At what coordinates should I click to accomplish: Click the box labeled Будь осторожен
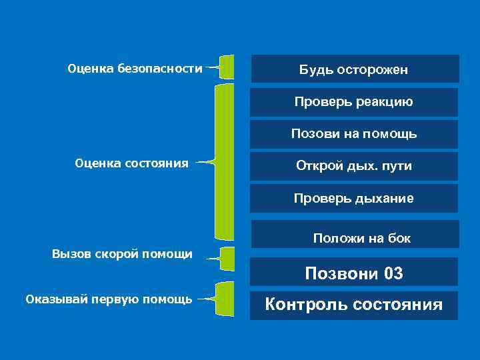354,69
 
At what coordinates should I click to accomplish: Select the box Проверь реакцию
354,102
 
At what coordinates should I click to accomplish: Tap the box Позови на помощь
354,134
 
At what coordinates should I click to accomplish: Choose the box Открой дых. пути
354,166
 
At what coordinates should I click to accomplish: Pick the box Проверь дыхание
354,198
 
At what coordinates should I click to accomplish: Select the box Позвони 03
354,273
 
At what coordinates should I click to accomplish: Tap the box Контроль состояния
354,305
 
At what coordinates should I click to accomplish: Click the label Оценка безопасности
135,68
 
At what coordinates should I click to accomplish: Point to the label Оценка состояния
132,162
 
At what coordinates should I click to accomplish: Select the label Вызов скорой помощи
123,253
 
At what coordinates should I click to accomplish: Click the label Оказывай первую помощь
109,299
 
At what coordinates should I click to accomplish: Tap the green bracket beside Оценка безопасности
227,67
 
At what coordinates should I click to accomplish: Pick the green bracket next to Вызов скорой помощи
227,258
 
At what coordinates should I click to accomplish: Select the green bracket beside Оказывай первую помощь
227,299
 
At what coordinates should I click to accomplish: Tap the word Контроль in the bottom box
306,305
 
